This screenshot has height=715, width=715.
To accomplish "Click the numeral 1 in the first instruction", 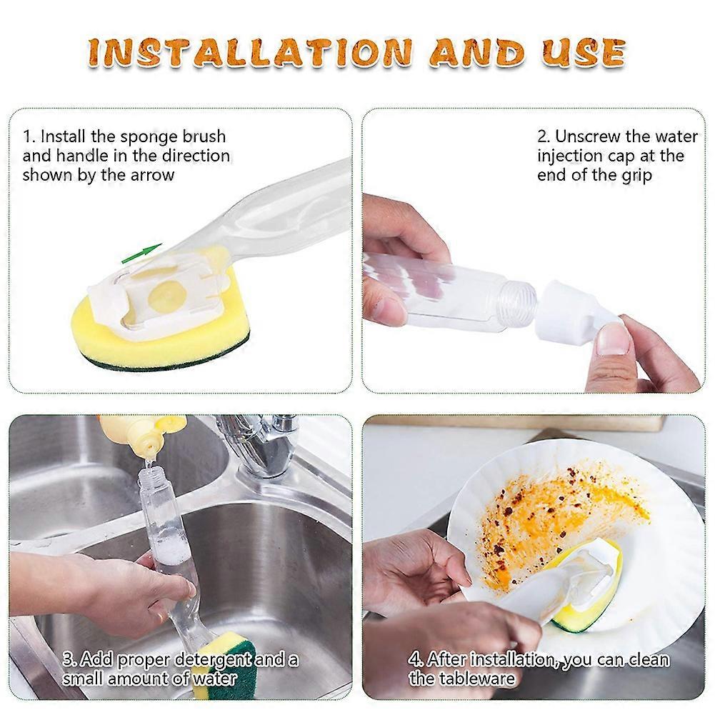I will (x=26, y=136).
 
